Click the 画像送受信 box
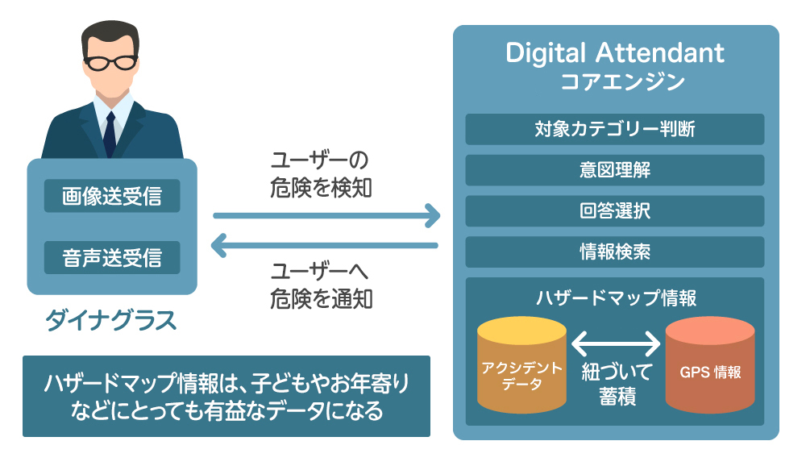tap(112, 196)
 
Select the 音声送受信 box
tap(112, 258)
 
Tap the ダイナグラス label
tap(111, 321)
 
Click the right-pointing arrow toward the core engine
tap(326, 216)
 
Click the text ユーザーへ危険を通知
tap(322, 285)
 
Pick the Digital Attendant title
tap(615, 53)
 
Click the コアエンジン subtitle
tap(615, 82)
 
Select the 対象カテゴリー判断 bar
tap(615, 129)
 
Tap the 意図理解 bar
tap(615, 170)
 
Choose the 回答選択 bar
tap(615, 211)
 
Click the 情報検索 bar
tap(615, 252)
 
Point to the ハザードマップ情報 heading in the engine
tap(615, 297)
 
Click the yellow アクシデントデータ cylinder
tap(521, 368)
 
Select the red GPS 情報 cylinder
tap(709, 368)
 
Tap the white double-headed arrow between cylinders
tap(615, 345)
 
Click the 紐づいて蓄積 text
tap(615, 385)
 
